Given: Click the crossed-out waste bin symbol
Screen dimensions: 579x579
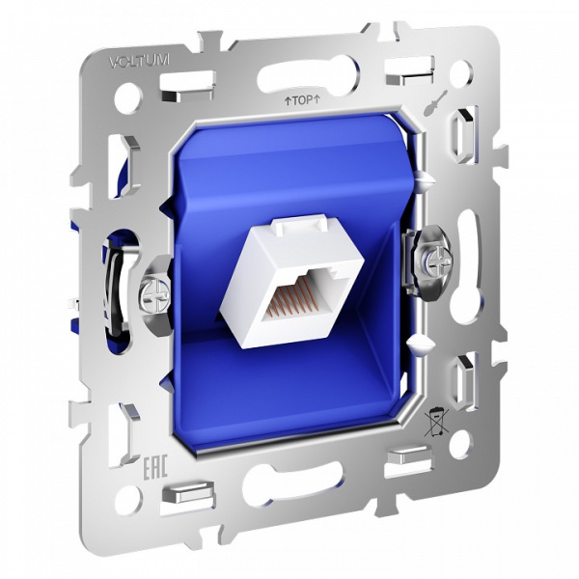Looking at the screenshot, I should click(436, 421).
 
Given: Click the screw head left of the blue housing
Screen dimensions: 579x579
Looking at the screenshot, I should click(152, 290).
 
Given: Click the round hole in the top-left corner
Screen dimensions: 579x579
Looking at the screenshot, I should click(126, 97).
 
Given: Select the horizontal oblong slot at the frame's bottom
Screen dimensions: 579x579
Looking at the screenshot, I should click(293, 483).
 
